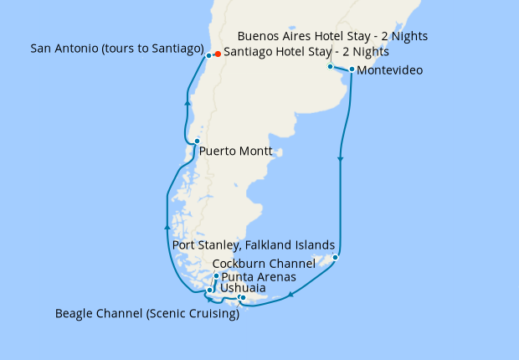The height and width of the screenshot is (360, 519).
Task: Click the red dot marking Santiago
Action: point(218,54)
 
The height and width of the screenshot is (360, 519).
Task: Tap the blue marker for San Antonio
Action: point(208,55)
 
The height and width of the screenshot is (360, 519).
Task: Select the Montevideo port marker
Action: point(352,69)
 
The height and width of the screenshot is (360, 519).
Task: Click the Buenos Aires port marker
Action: point(330,66)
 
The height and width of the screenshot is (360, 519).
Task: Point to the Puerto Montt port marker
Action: point(197,141)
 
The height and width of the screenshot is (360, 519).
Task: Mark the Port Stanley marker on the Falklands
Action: point(335,257)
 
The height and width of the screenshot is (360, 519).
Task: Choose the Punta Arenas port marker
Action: point(216,276)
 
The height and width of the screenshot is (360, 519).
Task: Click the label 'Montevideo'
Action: point(389,70)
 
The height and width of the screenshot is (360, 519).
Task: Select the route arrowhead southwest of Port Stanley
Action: point(290,294)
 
